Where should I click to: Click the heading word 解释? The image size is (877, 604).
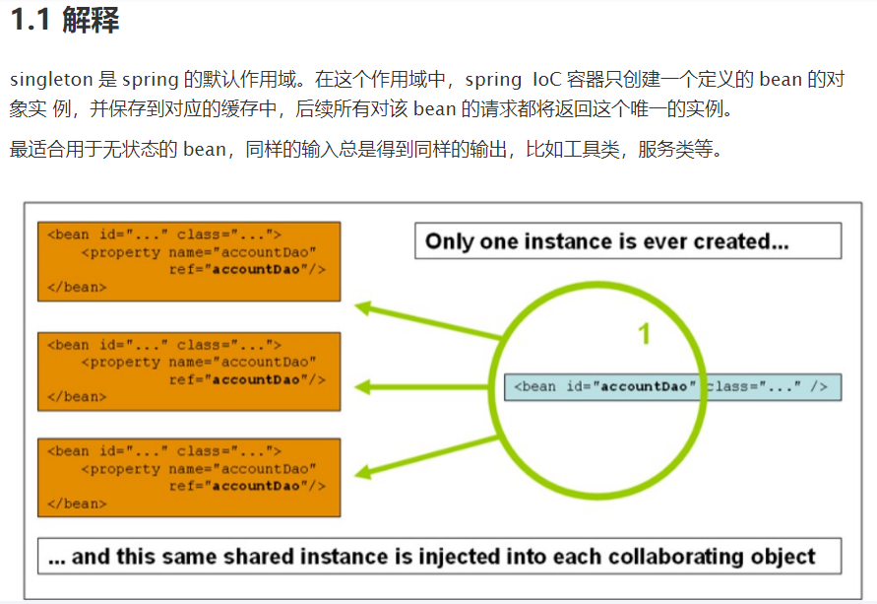(91, 21)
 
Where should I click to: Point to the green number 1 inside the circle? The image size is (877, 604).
(645, 335)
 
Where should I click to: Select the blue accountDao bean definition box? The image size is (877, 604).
(673, 386)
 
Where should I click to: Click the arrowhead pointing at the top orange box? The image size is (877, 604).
(362, 308)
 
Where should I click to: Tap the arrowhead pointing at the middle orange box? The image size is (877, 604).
(362, 387)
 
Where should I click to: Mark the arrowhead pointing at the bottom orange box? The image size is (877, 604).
(362, 472)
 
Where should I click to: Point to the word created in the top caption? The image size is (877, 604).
(746, 241)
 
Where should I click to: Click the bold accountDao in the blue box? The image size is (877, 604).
(644, 386)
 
